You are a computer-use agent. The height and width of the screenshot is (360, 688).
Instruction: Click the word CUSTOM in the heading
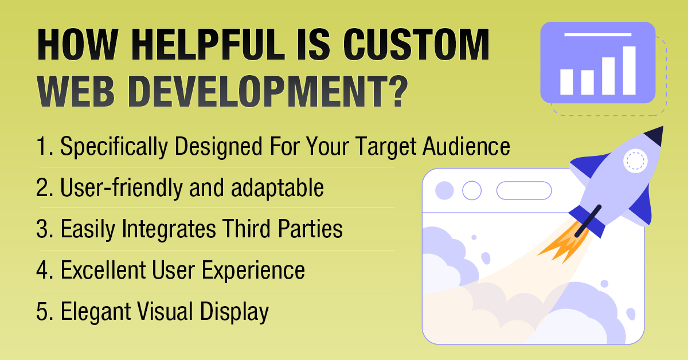coord(416,44)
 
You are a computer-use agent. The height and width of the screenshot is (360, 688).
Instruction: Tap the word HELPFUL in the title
coord(208,44)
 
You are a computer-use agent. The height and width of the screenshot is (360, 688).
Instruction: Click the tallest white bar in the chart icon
coord(629,71)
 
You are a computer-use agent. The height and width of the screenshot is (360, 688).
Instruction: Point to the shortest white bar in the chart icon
coord(587,83)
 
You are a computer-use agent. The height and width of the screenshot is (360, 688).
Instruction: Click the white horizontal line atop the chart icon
coord(597,35)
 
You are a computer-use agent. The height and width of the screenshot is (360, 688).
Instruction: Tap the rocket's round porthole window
coord(635,161)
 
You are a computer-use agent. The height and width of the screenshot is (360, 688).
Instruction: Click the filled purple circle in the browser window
coord(444,190)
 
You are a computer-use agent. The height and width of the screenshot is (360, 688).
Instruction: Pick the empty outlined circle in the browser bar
coord(472,190)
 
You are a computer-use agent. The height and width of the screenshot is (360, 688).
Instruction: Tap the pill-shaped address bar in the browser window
coord(524,190)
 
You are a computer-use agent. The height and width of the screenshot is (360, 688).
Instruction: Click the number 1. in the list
coord(45,146)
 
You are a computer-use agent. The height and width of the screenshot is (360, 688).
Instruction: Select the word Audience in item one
coord(466,146)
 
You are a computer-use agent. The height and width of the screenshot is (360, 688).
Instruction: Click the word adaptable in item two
coord(277,187)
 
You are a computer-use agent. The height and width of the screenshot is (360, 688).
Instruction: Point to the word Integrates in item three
coord(169,229)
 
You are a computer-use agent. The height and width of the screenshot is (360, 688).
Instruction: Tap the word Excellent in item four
coord(103,270)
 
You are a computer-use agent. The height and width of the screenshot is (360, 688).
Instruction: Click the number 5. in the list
coord(45,311)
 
